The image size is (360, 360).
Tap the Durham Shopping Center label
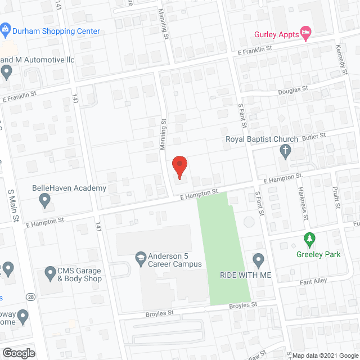(56, 31)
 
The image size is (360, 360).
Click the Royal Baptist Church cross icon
(285, 150)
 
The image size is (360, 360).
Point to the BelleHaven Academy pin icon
(44, 199)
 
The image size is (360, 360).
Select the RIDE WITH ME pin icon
(258, 260)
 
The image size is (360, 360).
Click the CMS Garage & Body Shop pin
(49, 274)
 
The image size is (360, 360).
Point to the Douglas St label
(294, 89)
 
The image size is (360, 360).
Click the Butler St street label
(315, 136)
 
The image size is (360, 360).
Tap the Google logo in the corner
(18, 353)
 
